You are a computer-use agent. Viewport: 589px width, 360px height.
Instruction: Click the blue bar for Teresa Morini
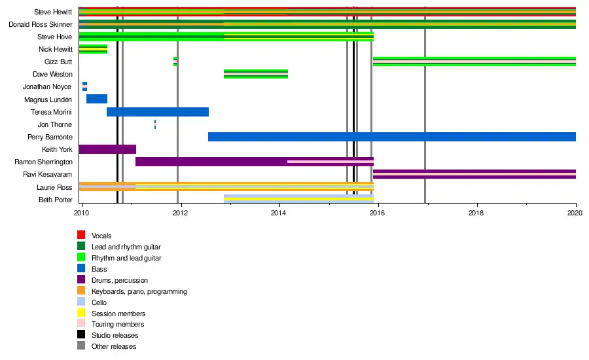[x=158, y=112]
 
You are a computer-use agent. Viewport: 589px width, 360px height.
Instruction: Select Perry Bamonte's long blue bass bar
[x=392, y=137]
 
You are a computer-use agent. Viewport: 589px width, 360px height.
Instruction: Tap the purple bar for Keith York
[x=107, y=149]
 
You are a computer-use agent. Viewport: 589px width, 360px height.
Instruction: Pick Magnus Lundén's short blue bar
[x=97, y=99]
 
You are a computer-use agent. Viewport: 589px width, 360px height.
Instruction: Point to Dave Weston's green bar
[x=256, y=74]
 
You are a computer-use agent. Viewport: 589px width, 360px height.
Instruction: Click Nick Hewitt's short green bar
[x=93, y=49]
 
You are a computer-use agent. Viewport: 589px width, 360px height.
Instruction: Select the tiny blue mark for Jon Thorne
[x=155, y=124]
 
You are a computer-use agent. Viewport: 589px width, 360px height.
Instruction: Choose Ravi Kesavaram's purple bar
[x=474, y=174]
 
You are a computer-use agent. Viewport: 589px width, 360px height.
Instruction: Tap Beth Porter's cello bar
[x=298, y=199]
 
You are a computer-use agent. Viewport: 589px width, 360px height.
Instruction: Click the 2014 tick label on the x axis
[x=278, y=213]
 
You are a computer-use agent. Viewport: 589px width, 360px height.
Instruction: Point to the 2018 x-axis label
[x=476, y=213]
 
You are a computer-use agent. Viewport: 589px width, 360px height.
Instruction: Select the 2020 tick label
[x=575, y=213]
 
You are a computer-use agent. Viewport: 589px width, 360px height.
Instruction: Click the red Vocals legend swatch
[x=81, y=235]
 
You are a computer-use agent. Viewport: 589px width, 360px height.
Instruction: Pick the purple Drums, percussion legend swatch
[x=81, y=279]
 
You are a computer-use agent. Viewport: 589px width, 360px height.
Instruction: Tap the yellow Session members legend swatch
[x=81, y=313]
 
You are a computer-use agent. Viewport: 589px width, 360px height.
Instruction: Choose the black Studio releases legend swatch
[x=81, y=334]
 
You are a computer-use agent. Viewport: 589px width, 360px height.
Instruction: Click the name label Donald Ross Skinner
[x=41, y=24]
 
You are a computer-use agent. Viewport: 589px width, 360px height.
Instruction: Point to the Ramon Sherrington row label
[x=44, y=162]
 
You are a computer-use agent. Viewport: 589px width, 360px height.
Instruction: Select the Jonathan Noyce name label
[x=47, y=87]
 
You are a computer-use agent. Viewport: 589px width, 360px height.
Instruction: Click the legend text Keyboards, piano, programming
[x=139, y=292]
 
